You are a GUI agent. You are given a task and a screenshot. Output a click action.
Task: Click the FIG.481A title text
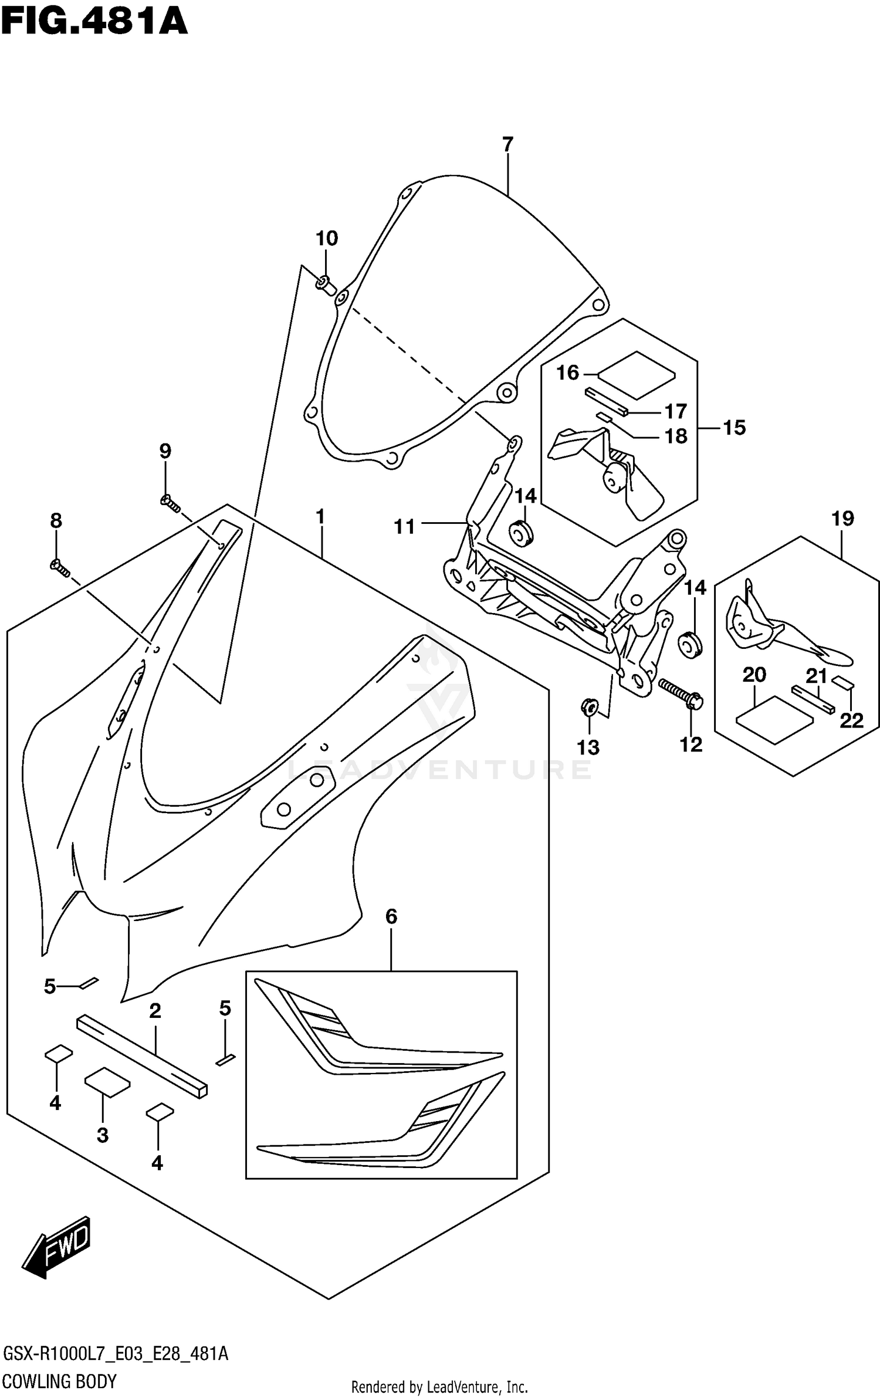point(94,22)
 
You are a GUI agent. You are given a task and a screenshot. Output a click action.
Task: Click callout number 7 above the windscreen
point(507,144)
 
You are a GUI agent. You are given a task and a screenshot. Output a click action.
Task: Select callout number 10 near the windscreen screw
point(327,238)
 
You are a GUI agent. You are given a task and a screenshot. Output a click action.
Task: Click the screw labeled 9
point(170,502)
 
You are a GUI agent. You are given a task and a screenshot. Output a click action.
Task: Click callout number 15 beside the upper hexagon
point(734,428)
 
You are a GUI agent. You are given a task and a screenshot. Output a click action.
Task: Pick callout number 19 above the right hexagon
point(842,519)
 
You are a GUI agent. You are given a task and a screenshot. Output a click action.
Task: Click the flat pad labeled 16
point(637,375)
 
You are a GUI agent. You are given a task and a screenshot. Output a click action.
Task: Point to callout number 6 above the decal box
point(391,916)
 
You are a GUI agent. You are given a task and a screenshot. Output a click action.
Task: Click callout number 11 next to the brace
point(404,527)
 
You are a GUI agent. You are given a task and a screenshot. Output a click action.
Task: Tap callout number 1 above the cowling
point(320,517)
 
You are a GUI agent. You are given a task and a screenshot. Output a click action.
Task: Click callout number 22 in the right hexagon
point(851,720)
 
